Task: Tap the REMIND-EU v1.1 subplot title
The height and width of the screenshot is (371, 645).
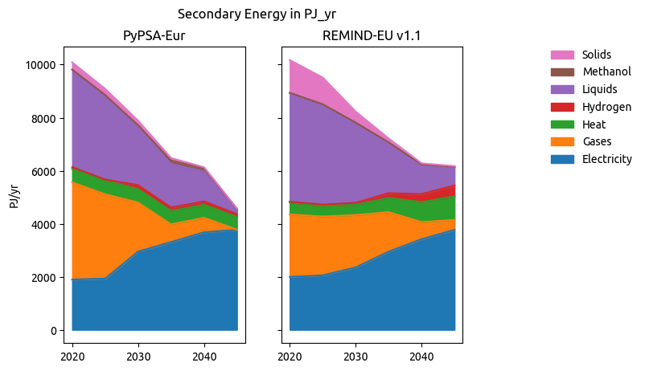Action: point(372,36)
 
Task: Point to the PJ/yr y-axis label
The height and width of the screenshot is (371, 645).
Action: point(14,196)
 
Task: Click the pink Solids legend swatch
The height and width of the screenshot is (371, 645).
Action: point(562,55)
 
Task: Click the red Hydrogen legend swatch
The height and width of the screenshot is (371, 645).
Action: point(562,107)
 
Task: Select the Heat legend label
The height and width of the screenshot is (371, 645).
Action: point(594,124)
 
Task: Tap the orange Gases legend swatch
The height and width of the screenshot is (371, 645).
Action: point(562,142)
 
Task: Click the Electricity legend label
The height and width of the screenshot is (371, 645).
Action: point(607,159)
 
